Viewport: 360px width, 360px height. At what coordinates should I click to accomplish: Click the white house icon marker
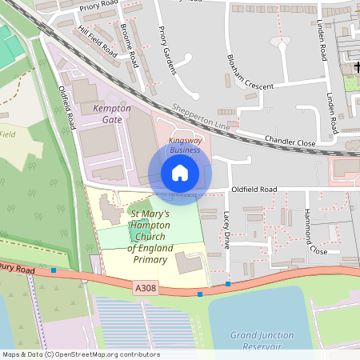(180, 172)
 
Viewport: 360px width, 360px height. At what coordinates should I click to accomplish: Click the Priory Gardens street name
(167, 50)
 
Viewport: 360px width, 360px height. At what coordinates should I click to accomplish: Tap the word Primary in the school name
(150, 259)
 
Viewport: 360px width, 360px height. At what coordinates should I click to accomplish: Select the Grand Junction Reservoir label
(257, 340)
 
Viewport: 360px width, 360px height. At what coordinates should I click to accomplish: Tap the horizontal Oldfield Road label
(254, 190)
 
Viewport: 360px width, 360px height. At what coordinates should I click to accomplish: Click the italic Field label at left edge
(8, 134)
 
